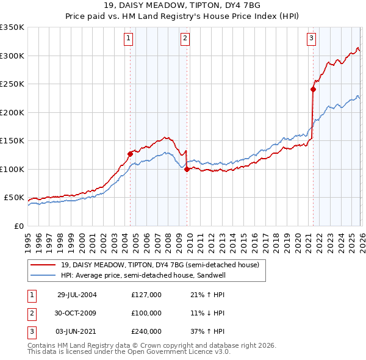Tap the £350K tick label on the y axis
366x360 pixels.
pyautogui.click(x=12, y=27)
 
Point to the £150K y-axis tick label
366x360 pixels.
pyautogui.click(x=12, y=140)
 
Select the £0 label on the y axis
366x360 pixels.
pyautogui.click(x=20, y=226)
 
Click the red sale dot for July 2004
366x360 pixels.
pyautogui.click(x=130, y=154)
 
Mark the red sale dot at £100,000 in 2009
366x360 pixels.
pyautogui.click(x=187, y=170)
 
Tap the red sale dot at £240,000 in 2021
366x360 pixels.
pyautogui.click(x=313, y=90)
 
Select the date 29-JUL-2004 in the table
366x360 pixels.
pyautogui.click(x=77, y=295)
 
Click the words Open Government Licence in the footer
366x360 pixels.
pyautogui.click(x=182, y=352)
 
